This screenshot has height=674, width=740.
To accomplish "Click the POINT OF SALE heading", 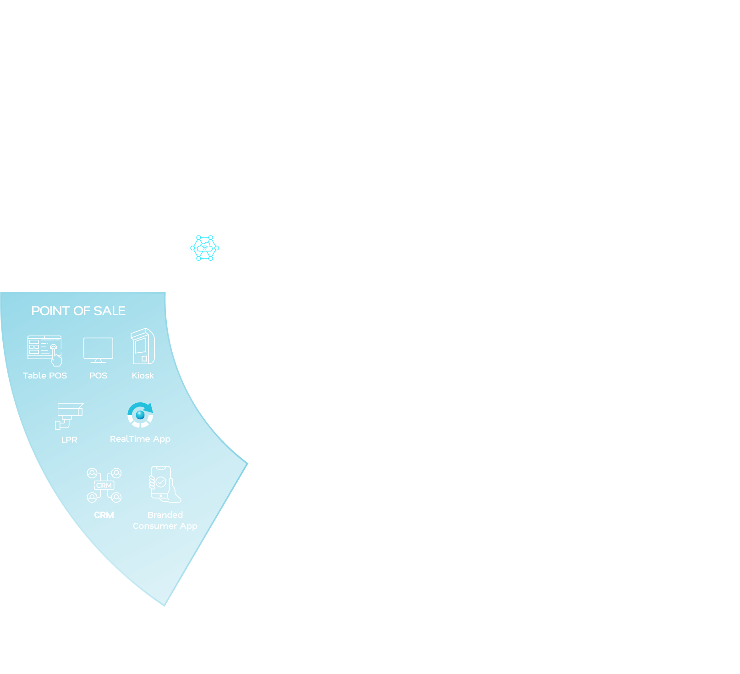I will click(78, 311).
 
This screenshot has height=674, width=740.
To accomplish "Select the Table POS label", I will click(45, 376).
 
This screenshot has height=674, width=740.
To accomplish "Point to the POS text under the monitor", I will click(98, 376).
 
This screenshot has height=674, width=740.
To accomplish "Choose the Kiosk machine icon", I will click(143, 346).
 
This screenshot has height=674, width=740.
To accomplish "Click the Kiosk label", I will click(143, 376).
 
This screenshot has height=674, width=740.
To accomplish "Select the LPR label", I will click(69, 440).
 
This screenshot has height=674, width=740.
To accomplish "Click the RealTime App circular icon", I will click(140, 415).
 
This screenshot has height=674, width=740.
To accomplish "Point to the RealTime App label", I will click(140, 439).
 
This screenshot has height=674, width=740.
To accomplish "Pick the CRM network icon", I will click(104, 485).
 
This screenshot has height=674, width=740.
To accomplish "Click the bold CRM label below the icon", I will click(104, 515).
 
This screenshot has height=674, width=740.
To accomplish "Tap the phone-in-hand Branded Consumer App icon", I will click(164, 484).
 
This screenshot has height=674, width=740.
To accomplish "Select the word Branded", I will click(165, 515).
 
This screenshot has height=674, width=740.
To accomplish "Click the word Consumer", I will click(155, 526).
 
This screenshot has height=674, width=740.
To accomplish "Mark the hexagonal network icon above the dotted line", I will click(204, 248).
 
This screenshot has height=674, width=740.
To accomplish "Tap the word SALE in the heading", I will click(110, 311).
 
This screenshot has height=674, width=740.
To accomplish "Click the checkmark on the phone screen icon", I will click(161, 482).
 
